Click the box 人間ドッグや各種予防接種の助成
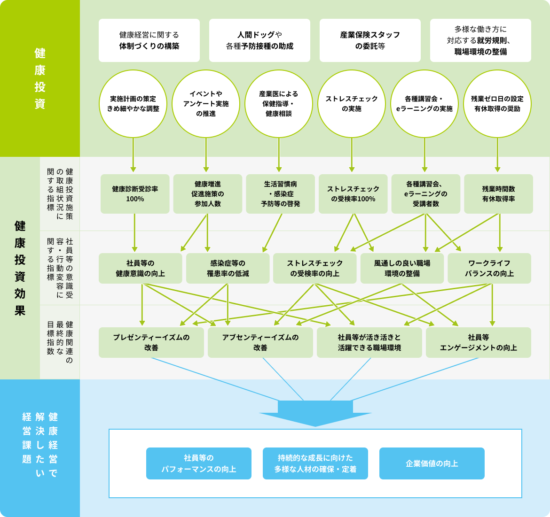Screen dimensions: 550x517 (259, 40)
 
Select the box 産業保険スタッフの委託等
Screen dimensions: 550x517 (370, 40)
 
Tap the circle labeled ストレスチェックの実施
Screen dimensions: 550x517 (352, 104)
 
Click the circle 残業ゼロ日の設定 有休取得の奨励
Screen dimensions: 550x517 (497, 104)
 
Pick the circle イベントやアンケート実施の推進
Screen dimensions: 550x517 (206, 104)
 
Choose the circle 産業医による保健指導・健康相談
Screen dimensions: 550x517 (279, 104)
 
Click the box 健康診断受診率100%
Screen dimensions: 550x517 (135, 194)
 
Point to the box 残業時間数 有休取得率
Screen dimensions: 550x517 (498, 194)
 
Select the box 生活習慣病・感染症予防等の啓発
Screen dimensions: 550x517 (280, 194)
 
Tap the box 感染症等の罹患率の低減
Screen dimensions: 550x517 (228, 268)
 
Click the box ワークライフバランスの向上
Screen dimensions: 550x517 (489, 268)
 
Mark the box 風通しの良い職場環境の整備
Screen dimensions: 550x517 (402, 268)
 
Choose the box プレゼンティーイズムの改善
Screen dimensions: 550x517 (151, 343)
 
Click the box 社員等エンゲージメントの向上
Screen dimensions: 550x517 (479, 343)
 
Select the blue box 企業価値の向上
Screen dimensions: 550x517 (432, 463)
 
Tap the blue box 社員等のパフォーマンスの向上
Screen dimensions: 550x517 (199, 463)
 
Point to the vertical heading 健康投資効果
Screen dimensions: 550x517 (20, 268)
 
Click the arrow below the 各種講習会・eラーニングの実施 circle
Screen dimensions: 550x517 (424, 155)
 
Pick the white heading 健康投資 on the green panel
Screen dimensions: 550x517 (40, 78)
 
